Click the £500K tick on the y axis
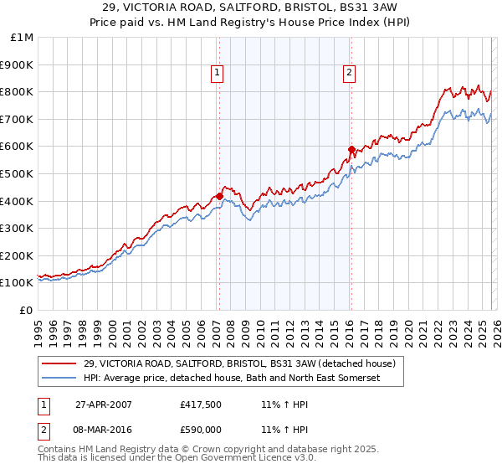17,173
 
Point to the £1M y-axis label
22,37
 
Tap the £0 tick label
27,310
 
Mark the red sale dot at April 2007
219,196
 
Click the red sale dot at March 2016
351,149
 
